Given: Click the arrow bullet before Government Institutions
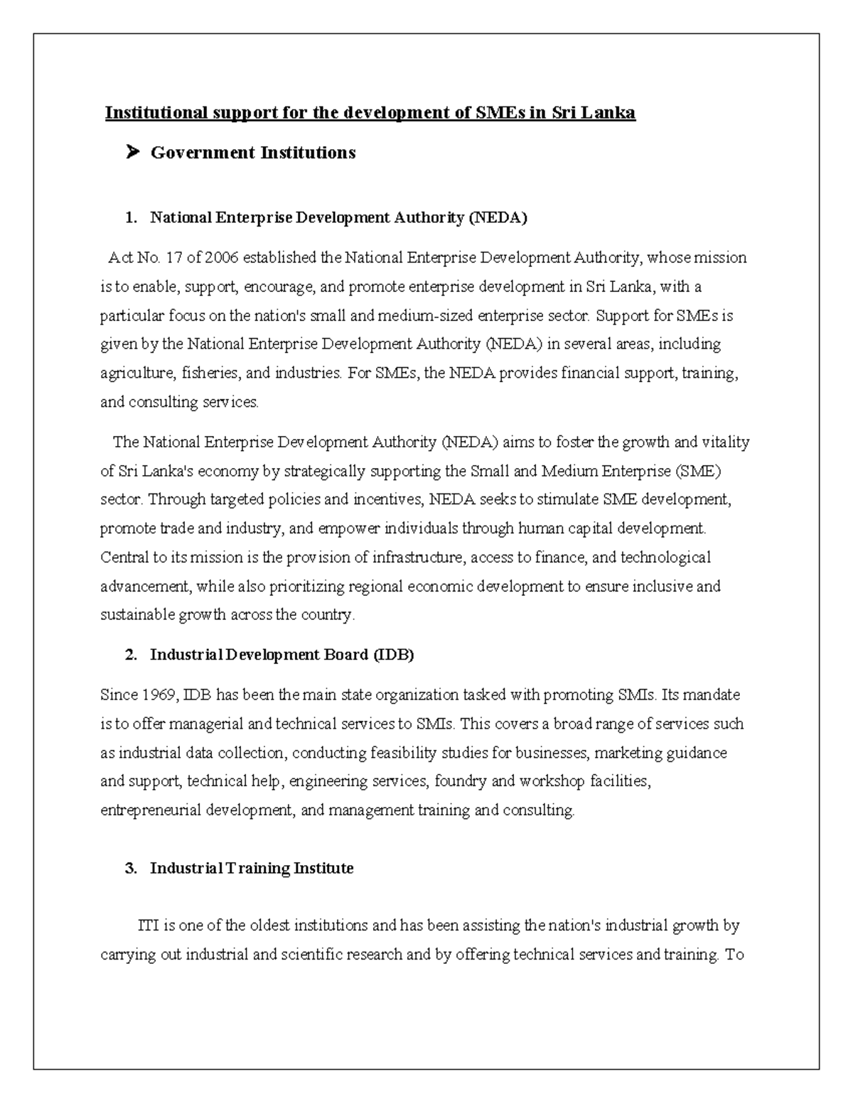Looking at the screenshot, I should point(131,152).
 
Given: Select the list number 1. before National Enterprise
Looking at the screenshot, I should point(130,218).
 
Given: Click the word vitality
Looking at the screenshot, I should point(726,442).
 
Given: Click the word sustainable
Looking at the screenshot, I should point(132,615).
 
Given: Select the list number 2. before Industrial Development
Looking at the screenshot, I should point(130,655).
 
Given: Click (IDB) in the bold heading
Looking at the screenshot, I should point(393,655).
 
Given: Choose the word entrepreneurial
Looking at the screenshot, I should point(151,810).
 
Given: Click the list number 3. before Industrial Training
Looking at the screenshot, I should point(130,869).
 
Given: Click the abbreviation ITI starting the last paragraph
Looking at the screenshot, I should point(148,926).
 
